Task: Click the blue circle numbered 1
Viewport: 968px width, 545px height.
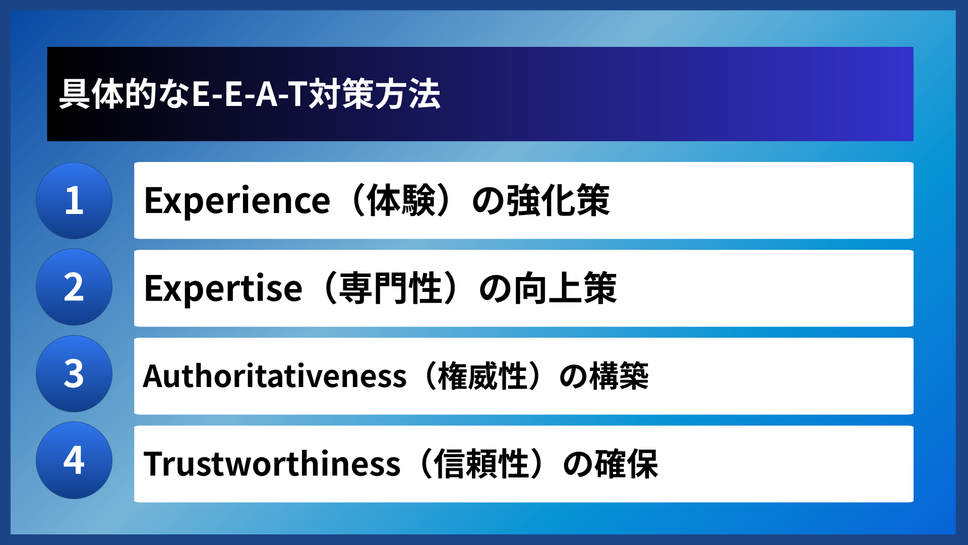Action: (x=74, y=201)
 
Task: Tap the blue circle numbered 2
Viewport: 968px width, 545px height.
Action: (x=74, y=287)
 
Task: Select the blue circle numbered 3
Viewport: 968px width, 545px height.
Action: (x=74, y=374)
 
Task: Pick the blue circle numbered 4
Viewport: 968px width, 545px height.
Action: (x=74, y=460)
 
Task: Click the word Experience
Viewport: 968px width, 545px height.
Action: (x=237, y=201)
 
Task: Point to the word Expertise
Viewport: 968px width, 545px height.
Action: (x=223, y=288)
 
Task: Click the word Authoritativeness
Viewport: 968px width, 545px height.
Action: (x=275, y=376)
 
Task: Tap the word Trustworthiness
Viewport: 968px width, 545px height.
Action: (x=272, y=464)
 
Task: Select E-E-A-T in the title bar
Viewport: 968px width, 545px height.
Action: (x=250, y=94)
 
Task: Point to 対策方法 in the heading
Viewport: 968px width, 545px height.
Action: (x=375, y=94)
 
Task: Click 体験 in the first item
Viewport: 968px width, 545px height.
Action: (x=401, y=201)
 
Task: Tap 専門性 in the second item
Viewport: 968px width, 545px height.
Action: (x=391, y=288)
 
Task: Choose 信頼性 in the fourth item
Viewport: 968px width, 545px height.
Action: (x=481, y=464)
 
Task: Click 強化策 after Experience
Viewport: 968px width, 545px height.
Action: (x=558, y=201)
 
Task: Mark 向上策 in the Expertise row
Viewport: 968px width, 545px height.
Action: (x=565, y=288)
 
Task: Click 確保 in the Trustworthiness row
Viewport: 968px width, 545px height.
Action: (x=627, y=464)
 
